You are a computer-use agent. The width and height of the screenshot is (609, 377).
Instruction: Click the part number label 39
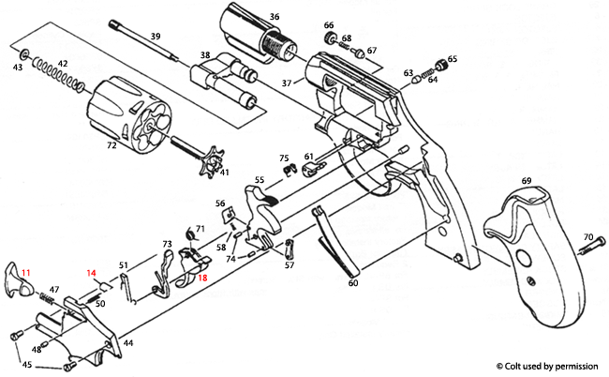tap(156, 37)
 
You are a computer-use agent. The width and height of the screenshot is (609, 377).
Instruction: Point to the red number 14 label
tap(92, 273)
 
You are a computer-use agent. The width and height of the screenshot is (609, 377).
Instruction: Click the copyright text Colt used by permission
tap(549, 364)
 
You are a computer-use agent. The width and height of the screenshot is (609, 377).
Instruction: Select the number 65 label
tap(453, 59)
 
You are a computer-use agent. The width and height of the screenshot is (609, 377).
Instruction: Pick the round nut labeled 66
tap(329, 37)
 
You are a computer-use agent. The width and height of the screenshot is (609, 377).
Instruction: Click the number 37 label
tap(288, 83)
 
